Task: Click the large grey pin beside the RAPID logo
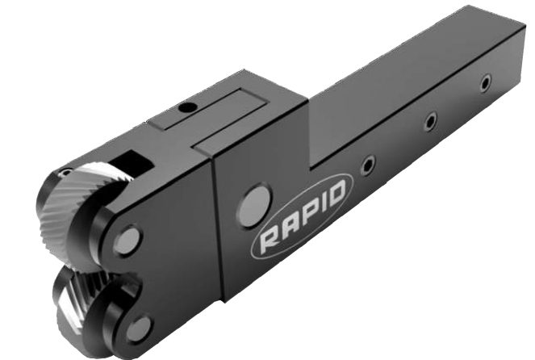coord(254,206)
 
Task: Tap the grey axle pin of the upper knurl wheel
coord(127,241)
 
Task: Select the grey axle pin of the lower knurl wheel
coord(140,329)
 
